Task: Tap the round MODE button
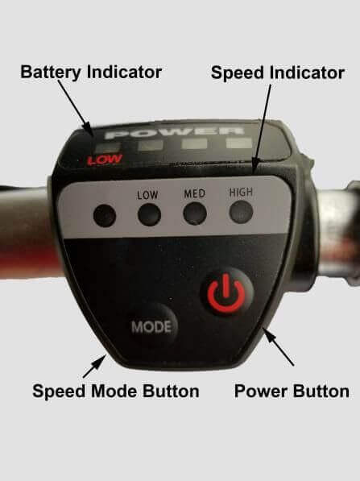tap(152, 326)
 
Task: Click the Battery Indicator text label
tap(91, 73)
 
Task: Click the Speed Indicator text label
tap(278, 73)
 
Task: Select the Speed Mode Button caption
tap(116, 392)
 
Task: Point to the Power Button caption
tap(292, 392)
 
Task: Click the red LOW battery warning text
tap(105, 160)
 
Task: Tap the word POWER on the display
tap(175, 132)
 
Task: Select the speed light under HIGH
tap(241, 212)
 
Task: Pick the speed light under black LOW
tap(149, 214)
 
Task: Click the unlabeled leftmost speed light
tap(105, 215)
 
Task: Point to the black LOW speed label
tap(147, 195)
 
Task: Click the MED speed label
tap(194, 194)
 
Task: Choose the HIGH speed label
tap(241, 193)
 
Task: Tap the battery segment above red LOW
tap(107, 147)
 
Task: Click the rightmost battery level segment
tap(239, 143)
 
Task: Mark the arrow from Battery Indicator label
tap(76, 108)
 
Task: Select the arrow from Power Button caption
tap(279, 346)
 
